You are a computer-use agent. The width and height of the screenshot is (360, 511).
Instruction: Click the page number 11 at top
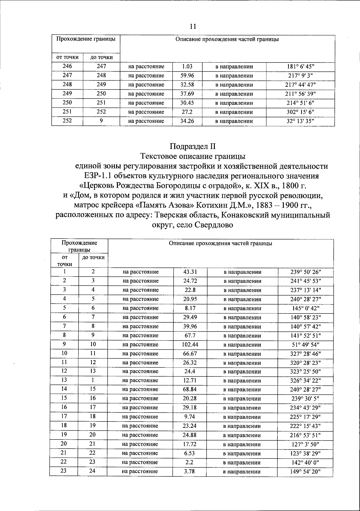(193, 26)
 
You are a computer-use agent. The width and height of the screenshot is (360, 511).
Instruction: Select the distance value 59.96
(187, 76)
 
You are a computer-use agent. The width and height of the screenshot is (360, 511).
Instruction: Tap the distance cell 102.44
(190, 344)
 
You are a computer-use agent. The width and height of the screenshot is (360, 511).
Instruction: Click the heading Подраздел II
(193, 146)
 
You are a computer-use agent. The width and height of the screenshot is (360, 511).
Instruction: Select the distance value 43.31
(190, 272)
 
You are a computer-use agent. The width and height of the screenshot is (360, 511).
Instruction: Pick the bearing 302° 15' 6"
(300, 112)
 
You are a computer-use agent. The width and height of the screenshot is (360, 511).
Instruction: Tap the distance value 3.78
(190, 471)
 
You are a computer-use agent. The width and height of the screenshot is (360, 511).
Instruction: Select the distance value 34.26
(187, 121)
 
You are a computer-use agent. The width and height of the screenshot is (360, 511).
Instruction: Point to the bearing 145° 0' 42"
(306, 308)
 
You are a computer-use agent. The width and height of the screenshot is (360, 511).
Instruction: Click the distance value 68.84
(190, 389)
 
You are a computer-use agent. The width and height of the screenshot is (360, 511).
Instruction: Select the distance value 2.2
(190, 462)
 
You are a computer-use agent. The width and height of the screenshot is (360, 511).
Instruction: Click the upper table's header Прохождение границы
(86, 39)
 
